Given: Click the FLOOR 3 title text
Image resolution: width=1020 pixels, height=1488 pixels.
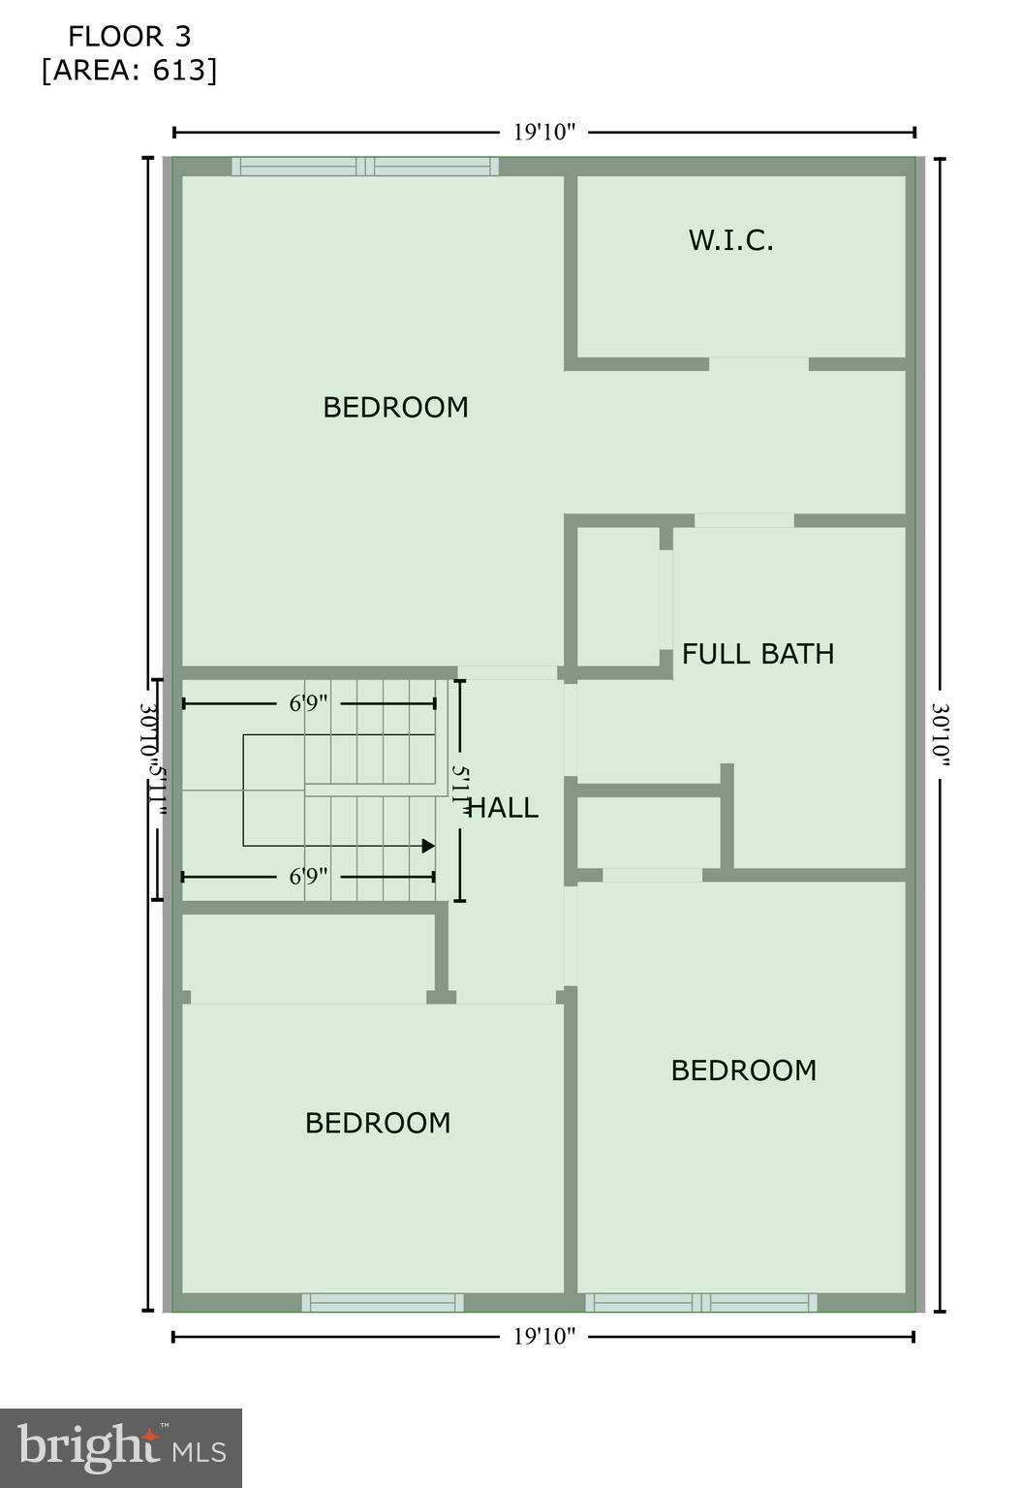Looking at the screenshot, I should coord(129,37).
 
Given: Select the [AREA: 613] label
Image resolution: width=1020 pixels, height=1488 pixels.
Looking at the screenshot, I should coord(129,71).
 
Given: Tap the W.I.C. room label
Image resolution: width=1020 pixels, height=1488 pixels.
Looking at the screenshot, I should coord(730,240).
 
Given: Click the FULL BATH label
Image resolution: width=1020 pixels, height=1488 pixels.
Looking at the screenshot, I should coord(757,654).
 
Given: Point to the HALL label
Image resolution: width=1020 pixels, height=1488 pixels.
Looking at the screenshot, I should coord(504,808).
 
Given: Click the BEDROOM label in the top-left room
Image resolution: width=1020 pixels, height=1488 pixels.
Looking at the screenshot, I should coord(395,407).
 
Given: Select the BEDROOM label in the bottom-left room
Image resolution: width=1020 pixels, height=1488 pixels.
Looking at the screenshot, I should coord(378,1123).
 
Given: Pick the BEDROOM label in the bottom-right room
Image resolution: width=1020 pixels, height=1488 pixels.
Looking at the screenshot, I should coord(743,1070).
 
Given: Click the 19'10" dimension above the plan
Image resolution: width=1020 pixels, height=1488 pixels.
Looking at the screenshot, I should coord(544,133).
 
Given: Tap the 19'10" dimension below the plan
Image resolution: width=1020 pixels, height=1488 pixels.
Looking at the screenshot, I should coord(544,1337).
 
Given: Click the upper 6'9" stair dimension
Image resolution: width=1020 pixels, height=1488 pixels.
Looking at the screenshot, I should coord(309,703).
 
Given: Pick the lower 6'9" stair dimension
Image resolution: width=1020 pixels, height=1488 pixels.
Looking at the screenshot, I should coord(309,877).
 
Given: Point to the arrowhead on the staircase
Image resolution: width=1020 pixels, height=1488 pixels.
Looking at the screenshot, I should coord(428,846).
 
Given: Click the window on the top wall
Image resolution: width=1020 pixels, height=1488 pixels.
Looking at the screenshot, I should coord(365,167).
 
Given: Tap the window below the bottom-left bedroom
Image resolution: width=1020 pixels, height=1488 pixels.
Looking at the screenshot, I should coord(383,1303).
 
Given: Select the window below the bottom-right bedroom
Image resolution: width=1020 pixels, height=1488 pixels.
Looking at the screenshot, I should coord(701,1303).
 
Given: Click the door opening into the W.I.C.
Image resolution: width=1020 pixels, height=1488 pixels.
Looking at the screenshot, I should coord(758,364).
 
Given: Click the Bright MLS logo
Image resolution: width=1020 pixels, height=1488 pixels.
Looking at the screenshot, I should coord(121,1448).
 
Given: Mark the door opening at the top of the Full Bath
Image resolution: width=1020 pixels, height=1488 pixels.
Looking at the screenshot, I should coord(744,521).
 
